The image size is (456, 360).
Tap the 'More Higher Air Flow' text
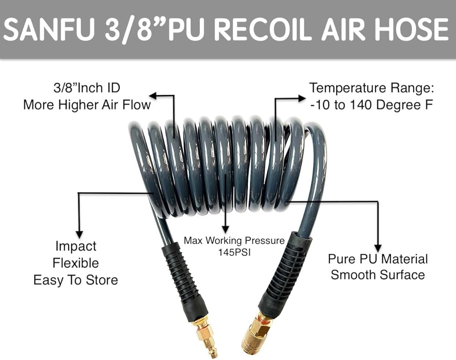(x=87, y=104)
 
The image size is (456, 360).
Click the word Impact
(x=76, y=247)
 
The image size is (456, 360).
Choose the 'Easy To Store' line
(x=76, y=279)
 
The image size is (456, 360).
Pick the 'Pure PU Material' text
(x=378, y=259)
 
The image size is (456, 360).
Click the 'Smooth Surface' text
(x=378, y=275)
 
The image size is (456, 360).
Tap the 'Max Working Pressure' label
(x=234, y=240)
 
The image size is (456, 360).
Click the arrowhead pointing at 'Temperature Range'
(x=302, y=98)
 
